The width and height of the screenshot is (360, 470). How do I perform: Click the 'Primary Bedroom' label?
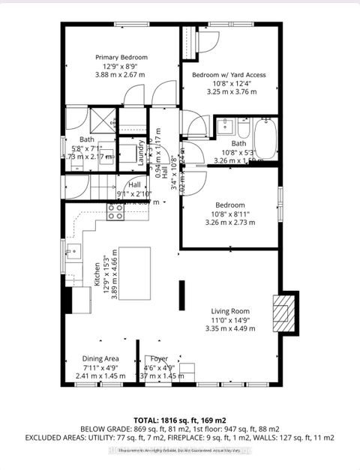(121, 57)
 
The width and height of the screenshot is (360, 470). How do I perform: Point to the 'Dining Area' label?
(100, 359)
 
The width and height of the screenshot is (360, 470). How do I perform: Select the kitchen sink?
(73, 250)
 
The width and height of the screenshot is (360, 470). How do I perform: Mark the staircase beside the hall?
(83, 184)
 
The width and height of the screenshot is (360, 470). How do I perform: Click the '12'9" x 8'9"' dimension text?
(121, 66)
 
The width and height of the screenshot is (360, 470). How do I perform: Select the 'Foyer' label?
(159, 359)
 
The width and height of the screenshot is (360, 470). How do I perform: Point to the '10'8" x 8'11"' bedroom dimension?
(229, 214)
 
